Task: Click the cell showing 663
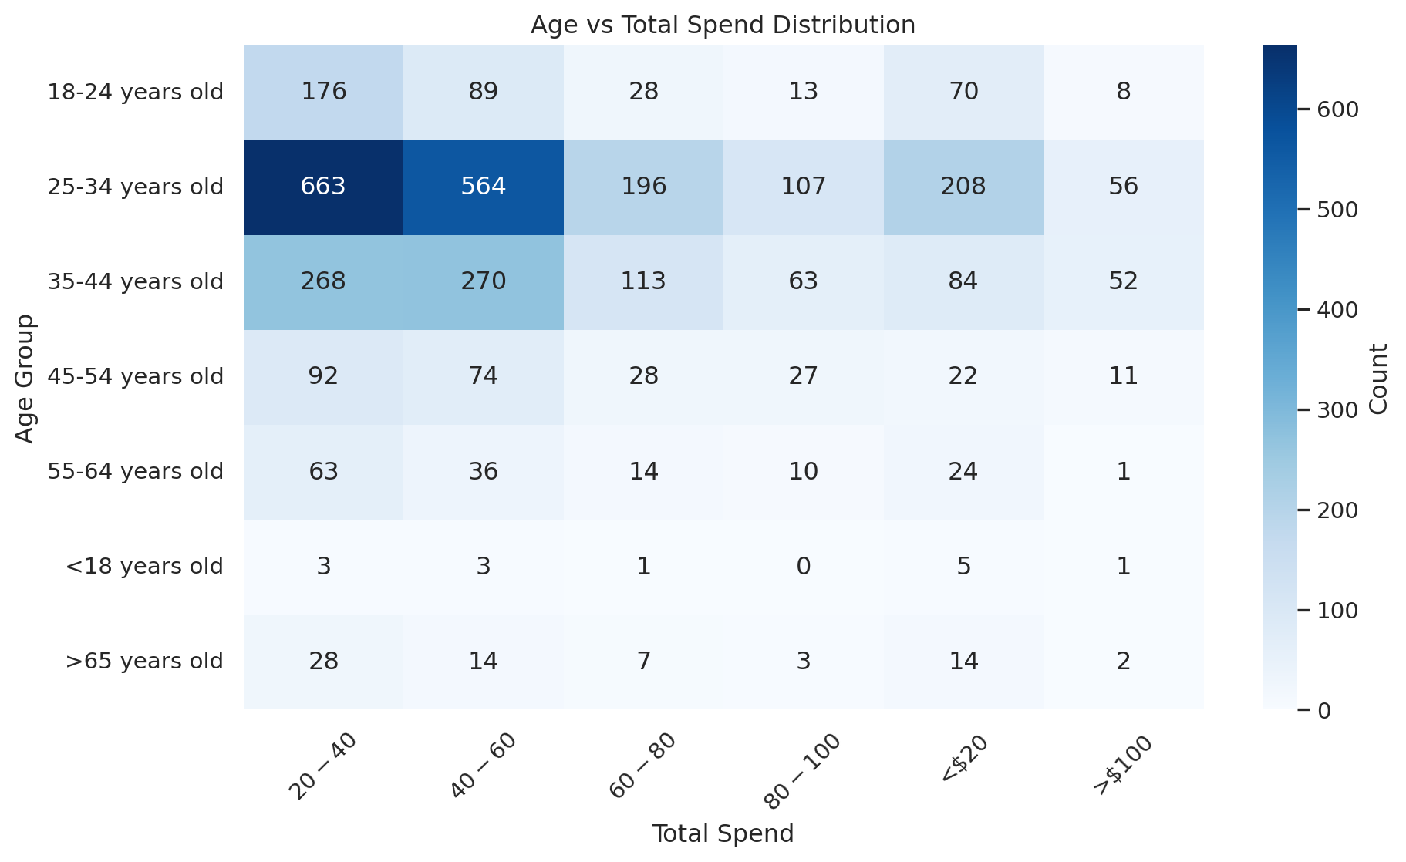323,187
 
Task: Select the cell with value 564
484,187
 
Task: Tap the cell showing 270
484,281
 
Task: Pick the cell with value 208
963,187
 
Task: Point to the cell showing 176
323,92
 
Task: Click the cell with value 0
804,567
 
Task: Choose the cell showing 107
804,187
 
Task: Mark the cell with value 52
1123,281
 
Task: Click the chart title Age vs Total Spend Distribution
723,25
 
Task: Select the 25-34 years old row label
136,187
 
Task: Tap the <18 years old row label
144,567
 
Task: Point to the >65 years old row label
144,662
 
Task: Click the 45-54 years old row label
136,376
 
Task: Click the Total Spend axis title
723,834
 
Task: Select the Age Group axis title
25,378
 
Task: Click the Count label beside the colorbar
1378,378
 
